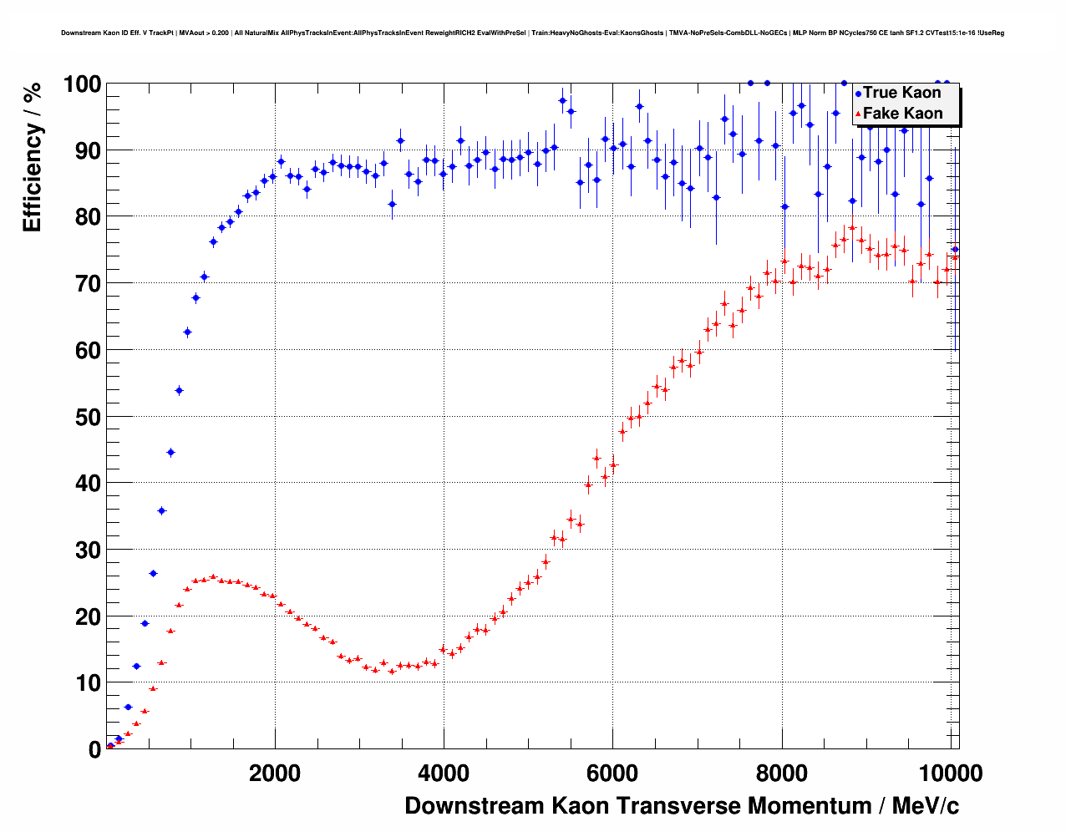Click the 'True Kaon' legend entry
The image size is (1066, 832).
901,93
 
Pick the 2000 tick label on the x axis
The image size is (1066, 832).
275,774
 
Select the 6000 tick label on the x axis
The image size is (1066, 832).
612,774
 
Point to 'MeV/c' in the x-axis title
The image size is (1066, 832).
926,806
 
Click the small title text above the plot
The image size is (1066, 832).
532,33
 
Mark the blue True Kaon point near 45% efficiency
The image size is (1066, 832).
170,452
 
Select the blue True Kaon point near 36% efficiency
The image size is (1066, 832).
161,510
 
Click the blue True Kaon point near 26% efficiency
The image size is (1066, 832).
153,573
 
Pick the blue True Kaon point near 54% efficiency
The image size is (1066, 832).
179,390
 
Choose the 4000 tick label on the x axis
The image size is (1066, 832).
444,774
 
